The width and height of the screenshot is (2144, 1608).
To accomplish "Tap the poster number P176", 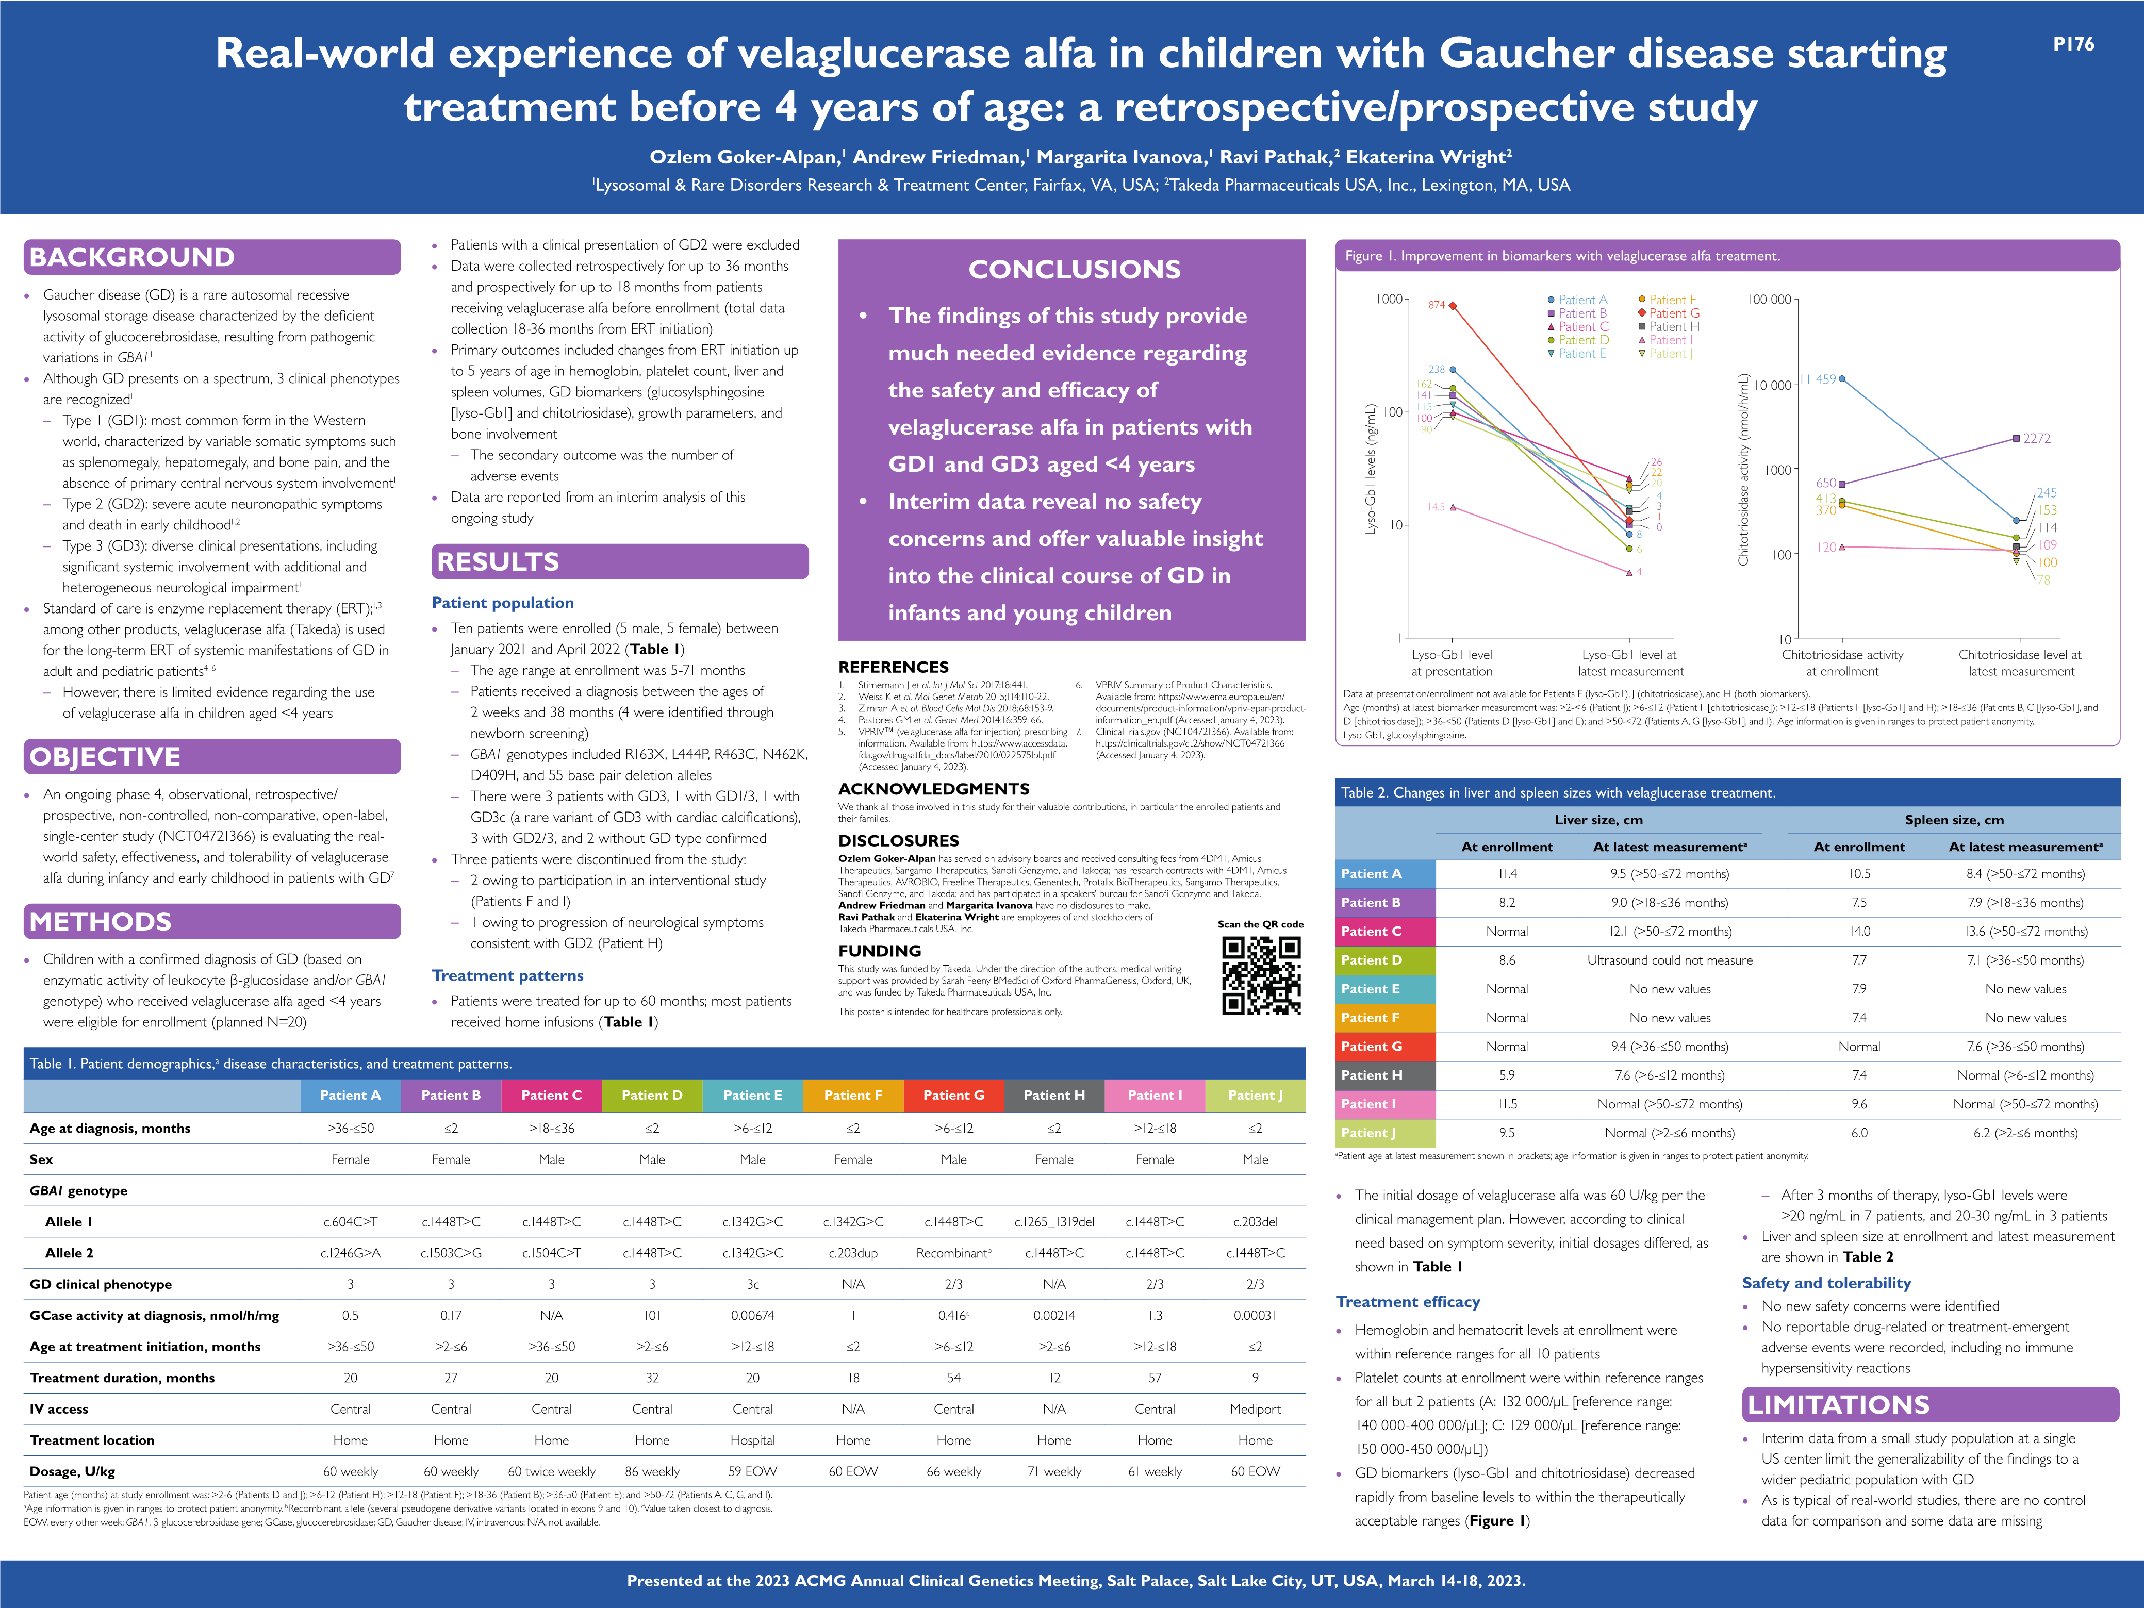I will coord(2073,44).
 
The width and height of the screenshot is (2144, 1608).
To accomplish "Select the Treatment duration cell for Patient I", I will coord(1155,1378).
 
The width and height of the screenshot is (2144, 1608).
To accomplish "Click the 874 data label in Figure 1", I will coord(1437,305).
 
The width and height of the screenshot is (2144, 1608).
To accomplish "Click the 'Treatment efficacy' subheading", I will coord(1407,1302).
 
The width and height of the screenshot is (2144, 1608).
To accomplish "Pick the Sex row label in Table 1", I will coord(42,1159).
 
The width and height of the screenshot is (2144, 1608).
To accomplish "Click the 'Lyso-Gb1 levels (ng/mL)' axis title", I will coord(1371,469).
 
